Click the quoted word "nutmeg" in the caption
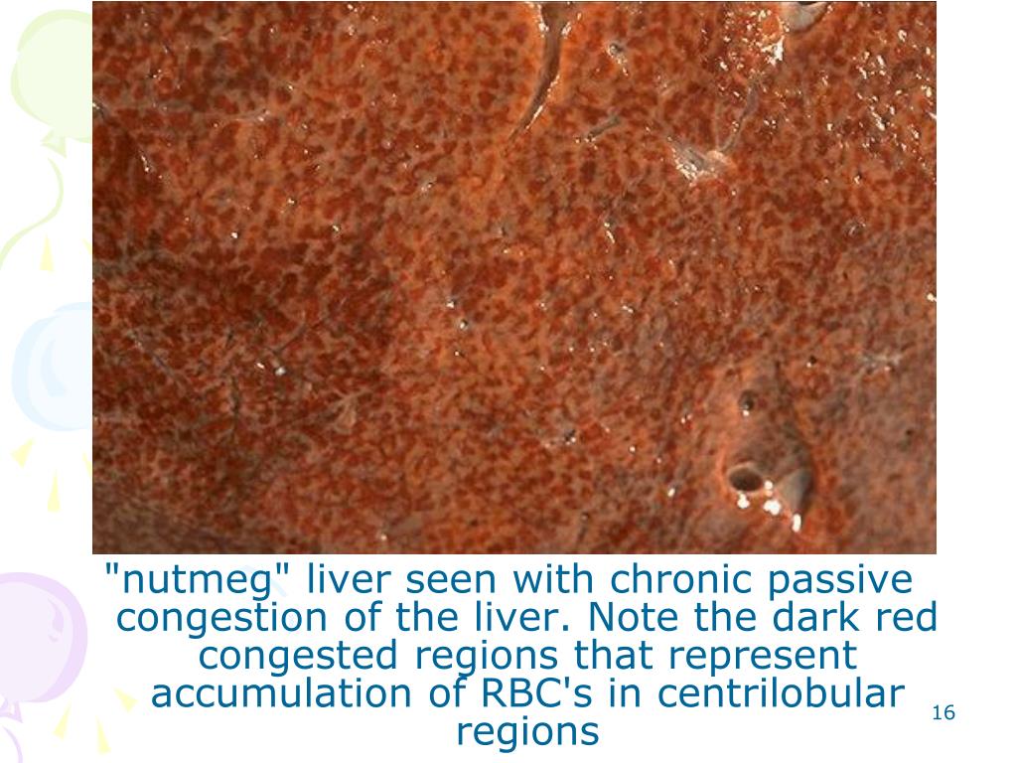(194, 579)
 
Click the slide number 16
(944, 713)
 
